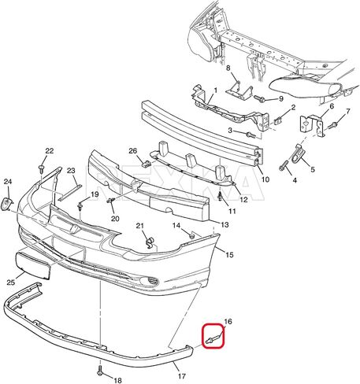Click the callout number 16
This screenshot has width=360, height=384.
[228, 321]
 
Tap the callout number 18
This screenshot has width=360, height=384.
[118, 380]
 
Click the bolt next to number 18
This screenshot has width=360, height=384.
[100, 371]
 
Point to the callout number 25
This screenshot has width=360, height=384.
[11, 282]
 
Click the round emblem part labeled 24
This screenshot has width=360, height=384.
[6, 204]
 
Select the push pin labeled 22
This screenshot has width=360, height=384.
[41, 168]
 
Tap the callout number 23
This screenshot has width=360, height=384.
[71, 171]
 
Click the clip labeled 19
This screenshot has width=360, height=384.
[80, 205]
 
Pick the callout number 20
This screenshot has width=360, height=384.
[115, 218]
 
